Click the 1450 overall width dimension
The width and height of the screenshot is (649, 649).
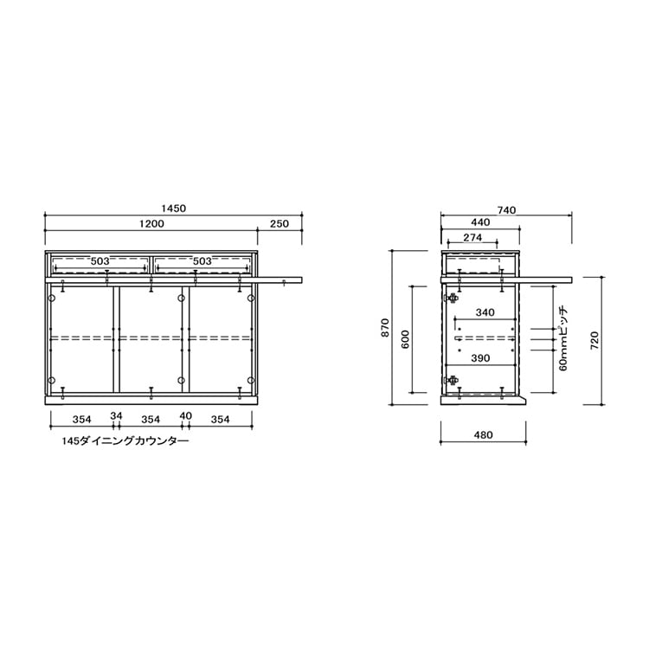[173, 209]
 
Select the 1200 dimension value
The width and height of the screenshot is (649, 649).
[151, 224]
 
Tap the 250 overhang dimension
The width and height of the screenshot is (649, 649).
[280, 224]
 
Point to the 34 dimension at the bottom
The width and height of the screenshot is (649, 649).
[116, 415]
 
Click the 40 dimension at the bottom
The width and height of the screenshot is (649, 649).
[186, 415]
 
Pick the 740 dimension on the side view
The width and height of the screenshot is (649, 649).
[506, 210]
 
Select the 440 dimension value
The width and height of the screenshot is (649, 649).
[480, 222]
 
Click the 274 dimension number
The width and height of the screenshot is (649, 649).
[472, 238]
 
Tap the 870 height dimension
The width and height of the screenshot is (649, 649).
[385, 327]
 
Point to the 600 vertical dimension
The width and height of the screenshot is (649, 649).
[405, 339]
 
